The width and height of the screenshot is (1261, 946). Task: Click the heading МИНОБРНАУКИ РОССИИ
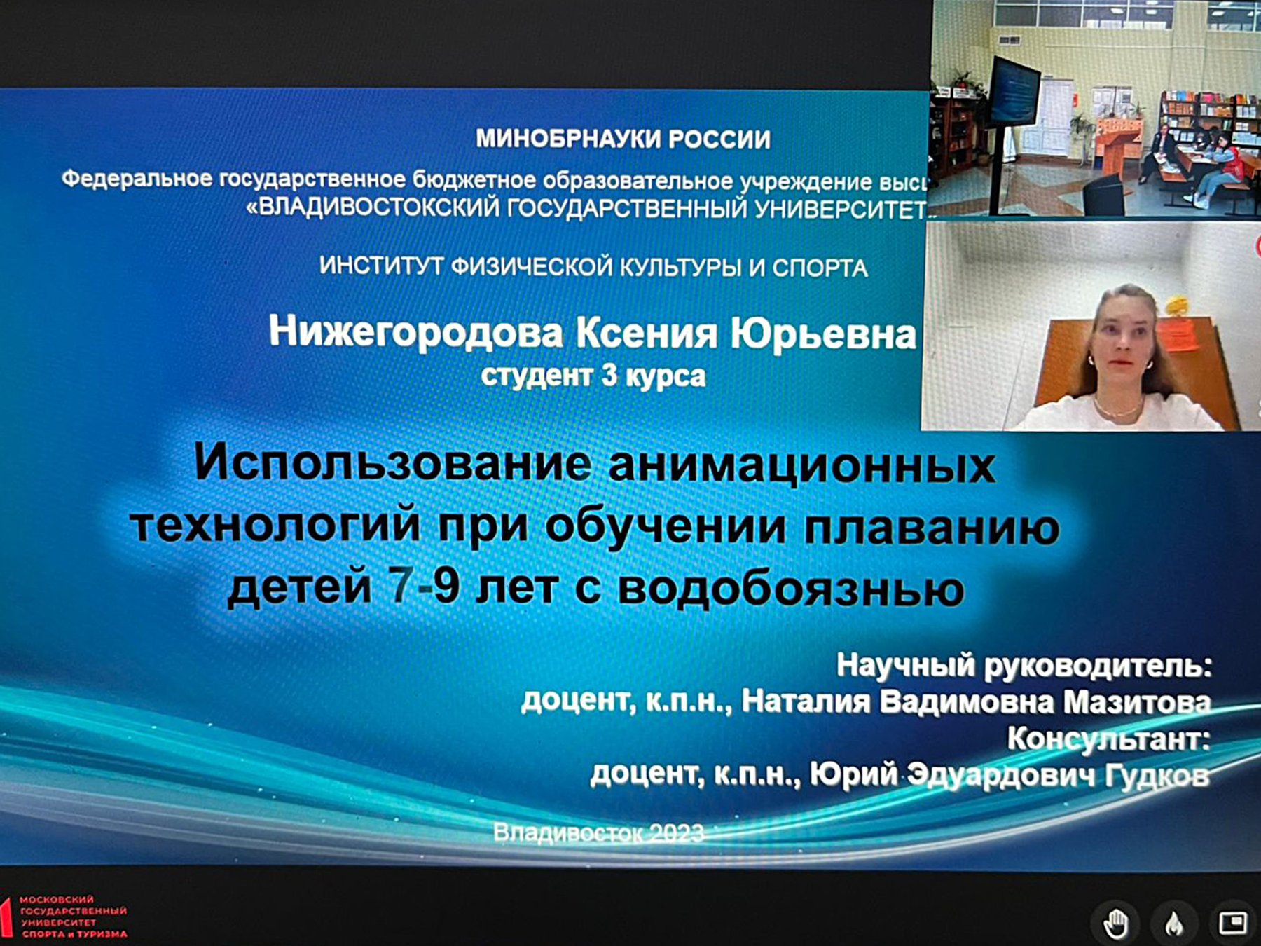(623, 139)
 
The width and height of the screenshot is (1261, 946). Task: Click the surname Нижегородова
(416, 332)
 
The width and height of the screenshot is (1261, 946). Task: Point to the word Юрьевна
(824, 334)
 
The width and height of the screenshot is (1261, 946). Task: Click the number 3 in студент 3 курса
(609, 376)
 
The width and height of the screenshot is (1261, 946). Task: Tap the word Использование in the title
(392, 464)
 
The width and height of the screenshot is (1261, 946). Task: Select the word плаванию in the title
(931, 527)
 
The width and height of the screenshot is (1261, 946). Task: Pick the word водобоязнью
(791, 587)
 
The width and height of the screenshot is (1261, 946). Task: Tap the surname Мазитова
(1137, 702)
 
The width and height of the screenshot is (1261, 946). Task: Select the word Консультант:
(1109, 739)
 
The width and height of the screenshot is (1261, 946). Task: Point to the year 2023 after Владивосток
(676, 832)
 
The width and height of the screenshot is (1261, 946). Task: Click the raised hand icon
(1115, 923)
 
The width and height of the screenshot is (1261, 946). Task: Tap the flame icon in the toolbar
(1174, 924)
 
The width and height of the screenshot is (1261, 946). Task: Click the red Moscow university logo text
(73, 917)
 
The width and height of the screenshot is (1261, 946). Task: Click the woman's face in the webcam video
(1122, 335)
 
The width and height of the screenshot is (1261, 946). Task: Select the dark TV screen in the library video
(1014, 90)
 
